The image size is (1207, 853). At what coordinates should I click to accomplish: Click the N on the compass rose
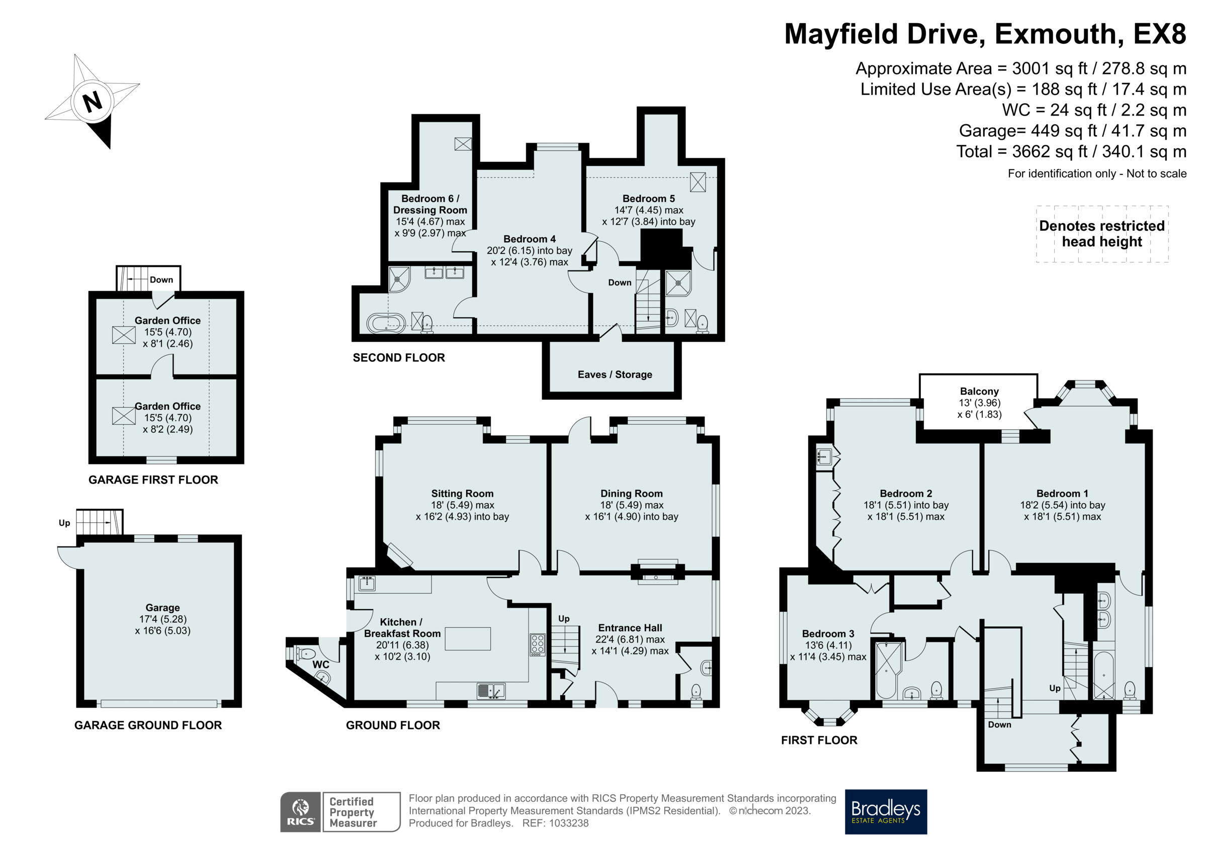tap(93, 102)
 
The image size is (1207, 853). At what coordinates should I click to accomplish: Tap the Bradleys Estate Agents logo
tap(886, 811)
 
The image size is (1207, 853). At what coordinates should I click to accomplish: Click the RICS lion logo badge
tap(300, 811)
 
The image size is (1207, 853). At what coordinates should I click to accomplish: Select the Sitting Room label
tap(462, 494)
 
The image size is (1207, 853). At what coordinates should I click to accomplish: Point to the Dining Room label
tap(631, 494)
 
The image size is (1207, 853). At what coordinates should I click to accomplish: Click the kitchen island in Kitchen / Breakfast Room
tap(468, 638)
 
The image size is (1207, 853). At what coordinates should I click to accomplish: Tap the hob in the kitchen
tap(537, 645)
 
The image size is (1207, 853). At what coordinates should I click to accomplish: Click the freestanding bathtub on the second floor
tap(386, 323)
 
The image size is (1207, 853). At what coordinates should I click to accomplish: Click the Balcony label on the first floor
tap(979, 391)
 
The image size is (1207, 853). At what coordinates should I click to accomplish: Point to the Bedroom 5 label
tap(648, 199)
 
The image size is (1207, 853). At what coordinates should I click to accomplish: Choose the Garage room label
tap(162, 608)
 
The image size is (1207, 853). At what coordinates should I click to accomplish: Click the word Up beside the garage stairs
tap(64, 523)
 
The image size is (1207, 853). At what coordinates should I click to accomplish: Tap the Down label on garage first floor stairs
tap(161, 279)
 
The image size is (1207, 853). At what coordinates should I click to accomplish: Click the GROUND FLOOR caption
tap(393, 725)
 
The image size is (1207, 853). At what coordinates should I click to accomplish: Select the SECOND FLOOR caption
tap(398, 358)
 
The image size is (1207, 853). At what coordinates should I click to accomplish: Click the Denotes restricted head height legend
tap(1102, 234)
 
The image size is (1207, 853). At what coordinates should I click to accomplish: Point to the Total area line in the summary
tap(1071, 152)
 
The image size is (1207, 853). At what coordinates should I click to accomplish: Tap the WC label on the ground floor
tap(321, 665)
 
